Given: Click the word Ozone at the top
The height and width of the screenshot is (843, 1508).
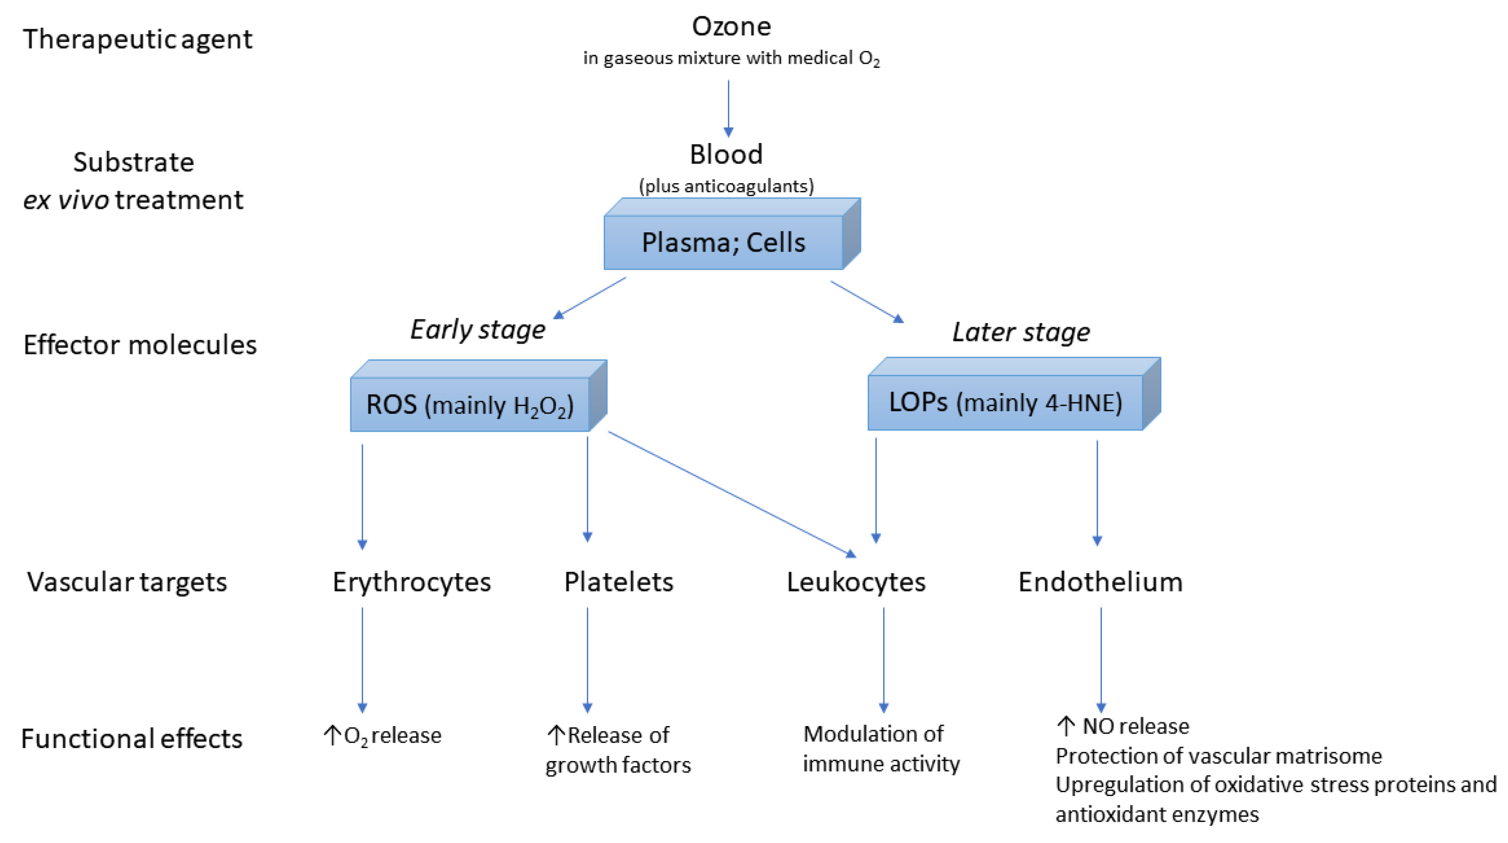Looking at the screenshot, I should coord(731,27).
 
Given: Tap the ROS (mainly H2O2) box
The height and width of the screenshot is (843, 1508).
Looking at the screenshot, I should coord(469,404).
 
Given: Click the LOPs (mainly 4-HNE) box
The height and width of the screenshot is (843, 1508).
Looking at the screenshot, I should coord(1005,402).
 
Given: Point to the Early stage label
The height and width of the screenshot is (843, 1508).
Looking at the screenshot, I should coord(478,329).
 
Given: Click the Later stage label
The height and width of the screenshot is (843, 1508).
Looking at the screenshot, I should coord(1021,331).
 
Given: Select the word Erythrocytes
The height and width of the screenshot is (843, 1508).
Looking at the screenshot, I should coord(411,581).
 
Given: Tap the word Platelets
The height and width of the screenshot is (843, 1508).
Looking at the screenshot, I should coord(618,581).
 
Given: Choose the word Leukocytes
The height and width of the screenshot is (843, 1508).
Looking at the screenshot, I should coord(856,581).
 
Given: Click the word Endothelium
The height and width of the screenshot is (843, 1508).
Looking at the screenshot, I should coord(1100,581).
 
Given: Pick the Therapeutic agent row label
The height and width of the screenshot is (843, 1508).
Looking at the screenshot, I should coord(138,39).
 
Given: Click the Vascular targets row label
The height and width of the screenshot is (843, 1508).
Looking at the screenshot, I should coord(127,581).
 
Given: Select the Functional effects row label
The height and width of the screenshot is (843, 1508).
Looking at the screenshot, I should coord(132,738).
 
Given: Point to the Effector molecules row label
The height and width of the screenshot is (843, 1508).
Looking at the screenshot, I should coord(140,345).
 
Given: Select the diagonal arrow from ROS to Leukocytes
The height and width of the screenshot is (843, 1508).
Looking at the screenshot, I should coord(732,493).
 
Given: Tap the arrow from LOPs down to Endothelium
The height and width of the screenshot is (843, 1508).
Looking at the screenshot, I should coord(1097,492).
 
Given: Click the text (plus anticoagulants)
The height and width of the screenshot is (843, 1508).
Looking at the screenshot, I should coord(726,186).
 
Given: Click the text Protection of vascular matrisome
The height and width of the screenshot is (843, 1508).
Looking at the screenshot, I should coord(1218,756).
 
